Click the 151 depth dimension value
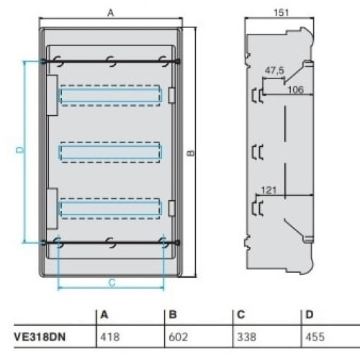(x=281, y=12)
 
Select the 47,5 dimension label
(x=274, y=71)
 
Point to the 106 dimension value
(x=295, y=90)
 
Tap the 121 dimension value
(x=269, y=190)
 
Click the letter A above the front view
(x=111, y=13)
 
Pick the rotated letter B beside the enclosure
(x=191, y=153)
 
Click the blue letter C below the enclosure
(x=112, y=283)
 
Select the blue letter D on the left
(x=20, y=150)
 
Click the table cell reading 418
(x=110, y=337)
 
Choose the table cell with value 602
(x=178, y=337)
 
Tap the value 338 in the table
(x=246, y=337)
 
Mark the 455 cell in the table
(x=315, y=337)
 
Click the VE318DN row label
(x=40, y=337)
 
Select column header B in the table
(x=173, y=315)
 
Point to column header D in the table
(x=310, y=315)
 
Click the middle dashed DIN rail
(x=110, y=152)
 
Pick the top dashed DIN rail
(x=110, y=96)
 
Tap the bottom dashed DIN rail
(x=110, y=209)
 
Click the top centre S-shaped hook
(x=112, y=61)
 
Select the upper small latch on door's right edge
(x=171, y=96)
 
